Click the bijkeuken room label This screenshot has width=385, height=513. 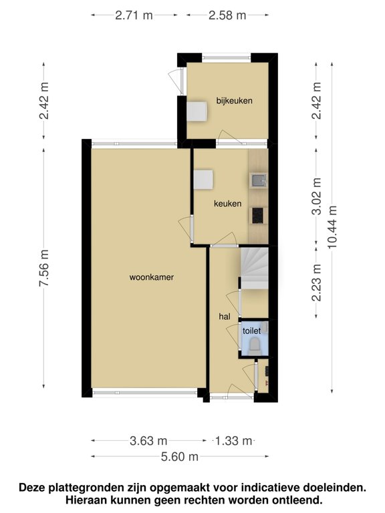[x=233, y=101]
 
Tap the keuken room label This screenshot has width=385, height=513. [x=227, y=204]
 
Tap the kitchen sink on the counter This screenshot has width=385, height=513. [x=257, y=180]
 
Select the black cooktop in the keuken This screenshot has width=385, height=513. [x=257, y=215]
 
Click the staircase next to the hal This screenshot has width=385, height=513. [x=254, y=268]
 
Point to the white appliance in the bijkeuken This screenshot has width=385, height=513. [x=197, y=111]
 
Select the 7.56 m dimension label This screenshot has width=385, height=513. [x=44, y=268]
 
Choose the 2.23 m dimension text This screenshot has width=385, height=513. [x=316, y=283]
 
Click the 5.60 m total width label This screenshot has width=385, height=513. [x=180, y=457]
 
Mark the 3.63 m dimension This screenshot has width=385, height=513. [x=149, y=441]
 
